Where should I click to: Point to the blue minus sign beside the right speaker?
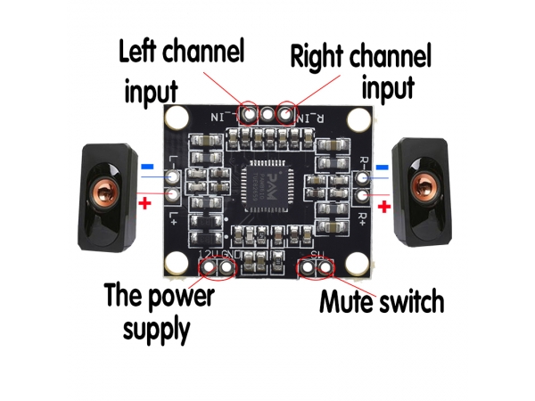(x=383, y=167)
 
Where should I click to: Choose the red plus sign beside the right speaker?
(x=385, y=207)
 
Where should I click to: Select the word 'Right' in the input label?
(x=321, y=59)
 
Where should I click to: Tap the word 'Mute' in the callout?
(x=349, y=303)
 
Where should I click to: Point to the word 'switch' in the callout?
(x=412, y=303)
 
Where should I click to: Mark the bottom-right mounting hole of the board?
(x=358, y=263)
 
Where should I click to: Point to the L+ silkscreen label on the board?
(x=173, y=217)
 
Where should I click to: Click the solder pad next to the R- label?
(x=362, y=177)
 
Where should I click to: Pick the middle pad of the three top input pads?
(x=267, y=113)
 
